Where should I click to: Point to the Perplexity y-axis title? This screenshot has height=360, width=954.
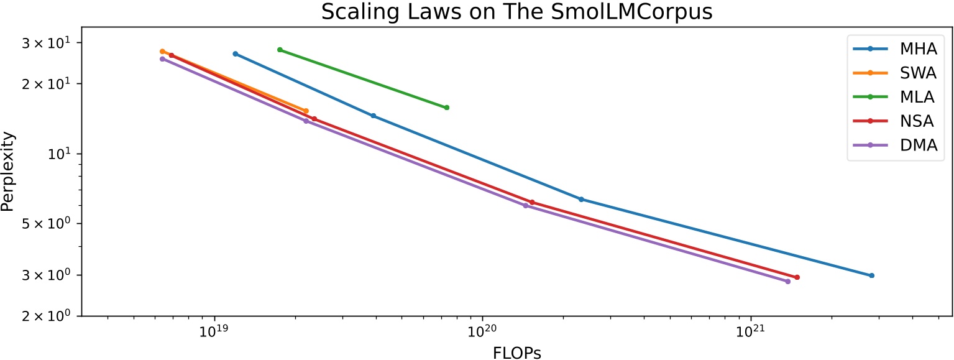pos(8,171)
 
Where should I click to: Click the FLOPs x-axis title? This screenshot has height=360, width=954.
pos(516,353)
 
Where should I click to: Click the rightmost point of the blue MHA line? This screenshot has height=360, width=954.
pos(871,275)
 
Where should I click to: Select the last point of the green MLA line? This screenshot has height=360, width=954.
pos(446,108)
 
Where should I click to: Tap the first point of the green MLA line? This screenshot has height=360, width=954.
pos(280,50)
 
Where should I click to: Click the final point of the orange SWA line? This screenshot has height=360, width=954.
pos(306,111)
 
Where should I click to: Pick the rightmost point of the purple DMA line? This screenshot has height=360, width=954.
pos(787,282)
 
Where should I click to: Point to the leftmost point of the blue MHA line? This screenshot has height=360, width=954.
pos(235,54)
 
